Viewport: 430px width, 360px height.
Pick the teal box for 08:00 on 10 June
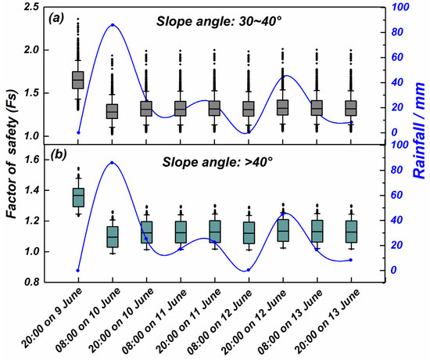[113, 236]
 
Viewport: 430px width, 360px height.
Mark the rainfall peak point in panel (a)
[113, 25]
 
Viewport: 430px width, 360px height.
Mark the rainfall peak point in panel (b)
[113, 163]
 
